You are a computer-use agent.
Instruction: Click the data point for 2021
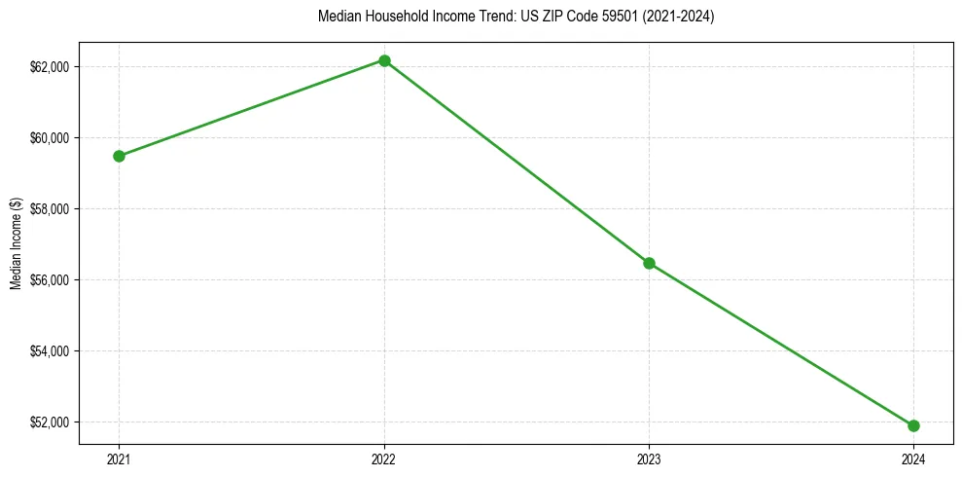(x=119, y=156)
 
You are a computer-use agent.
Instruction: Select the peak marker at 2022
(x=384, y=60)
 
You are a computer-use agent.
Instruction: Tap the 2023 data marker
(x=649, y=263)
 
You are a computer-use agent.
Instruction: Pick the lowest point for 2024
(x=913, y=425)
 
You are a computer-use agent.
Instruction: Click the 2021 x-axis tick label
(x=119, y=459)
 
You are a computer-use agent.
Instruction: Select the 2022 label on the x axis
(x=384, y=459)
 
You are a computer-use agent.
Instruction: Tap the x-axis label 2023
(x=649, y=459)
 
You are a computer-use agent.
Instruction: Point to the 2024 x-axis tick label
(x=913, y=459)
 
